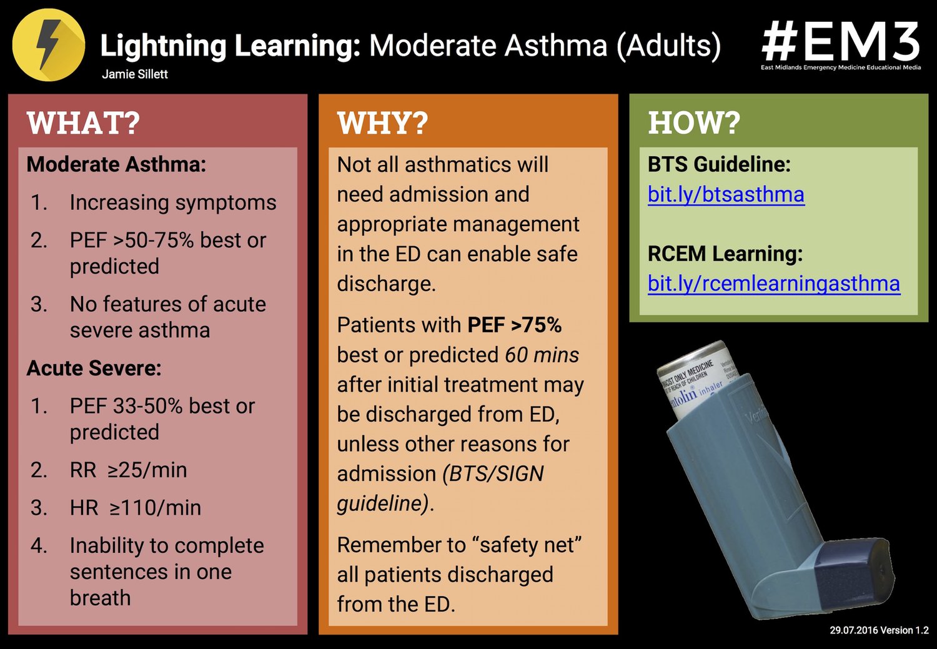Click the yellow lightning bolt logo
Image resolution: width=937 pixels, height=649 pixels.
[48, 44]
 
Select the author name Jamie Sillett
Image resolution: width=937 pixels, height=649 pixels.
[135, 74]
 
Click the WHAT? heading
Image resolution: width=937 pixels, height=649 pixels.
[83, 122]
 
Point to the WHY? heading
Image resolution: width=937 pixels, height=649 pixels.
[382, 122]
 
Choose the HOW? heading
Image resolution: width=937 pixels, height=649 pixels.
[693, 122]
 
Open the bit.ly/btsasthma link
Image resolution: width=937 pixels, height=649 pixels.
[726, 195]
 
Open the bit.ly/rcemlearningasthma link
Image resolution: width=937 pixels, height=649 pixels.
[774, 284]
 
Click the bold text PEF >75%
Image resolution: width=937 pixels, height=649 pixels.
[514, 325]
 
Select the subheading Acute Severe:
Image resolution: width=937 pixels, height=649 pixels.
[94, 368]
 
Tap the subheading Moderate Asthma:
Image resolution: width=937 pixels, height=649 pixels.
[116, 164]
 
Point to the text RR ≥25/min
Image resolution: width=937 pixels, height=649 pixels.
[128, 470]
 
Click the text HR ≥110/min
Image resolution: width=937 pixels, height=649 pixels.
[135, 508]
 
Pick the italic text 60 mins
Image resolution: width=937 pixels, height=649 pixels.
[542, 355]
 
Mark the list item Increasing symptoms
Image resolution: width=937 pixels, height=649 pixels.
[172, 202]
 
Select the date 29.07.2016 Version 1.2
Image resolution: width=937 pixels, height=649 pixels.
[879, 630]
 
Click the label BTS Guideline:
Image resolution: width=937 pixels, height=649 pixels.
[719, 164]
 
